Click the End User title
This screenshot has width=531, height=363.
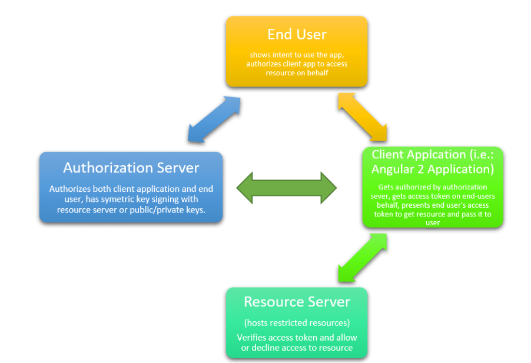pyautogui.click(x=297, y=34)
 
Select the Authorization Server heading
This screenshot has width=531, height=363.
pyautogui.click(x=131, y=168)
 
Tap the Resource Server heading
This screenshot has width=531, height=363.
pyautogui.click(x=297, y=302)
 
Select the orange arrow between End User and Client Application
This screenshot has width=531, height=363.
pyautogui.click(x=363, y=116)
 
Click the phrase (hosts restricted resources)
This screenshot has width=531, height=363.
pyautogui.click(x=297, y=323)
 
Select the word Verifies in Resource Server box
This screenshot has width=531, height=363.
pyautogui.click(x=253, y=338)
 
